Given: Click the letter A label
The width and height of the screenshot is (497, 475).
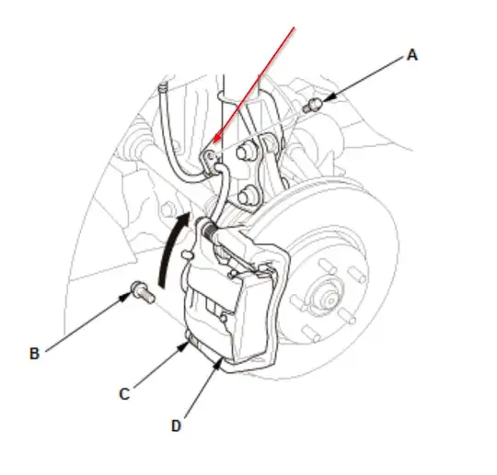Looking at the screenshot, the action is click(x=412, y=55).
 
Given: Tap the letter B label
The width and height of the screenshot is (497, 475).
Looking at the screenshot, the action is click(x=35, y=354).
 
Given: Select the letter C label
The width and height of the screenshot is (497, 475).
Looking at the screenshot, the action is click(x=124, y=394).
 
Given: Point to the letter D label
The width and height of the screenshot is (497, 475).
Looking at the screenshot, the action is click(x=176, y=426).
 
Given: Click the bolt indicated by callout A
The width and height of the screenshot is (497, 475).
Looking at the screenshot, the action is click(x=312, y=106).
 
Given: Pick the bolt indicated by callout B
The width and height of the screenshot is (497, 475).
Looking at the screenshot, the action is click(x=143, y=292).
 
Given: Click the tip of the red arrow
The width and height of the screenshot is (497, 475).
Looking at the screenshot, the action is click(x=212, y=143).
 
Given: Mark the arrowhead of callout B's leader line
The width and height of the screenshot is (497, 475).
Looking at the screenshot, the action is click(x=124, y=297).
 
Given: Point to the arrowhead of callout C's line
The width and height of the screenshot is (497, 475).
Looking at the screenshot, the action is click(x=183, y=347).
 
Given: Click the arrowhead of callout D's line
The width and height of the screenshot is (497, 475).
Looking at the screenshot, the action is click(x=217, y=365).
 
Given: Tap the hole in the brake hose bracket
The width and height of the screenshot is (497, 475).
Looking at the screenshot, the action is click(x=210, y=155).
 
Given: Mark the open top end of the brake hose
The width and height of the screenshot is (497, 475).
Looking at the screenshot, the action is click(x=162, y=86).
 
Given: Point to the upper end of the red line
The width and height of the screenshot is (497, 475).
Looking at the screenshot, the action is click(x=295, y=28).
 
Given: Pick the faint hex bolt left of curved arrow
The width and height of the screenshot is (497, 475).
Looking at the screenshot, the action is click(x=168, y=209).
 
